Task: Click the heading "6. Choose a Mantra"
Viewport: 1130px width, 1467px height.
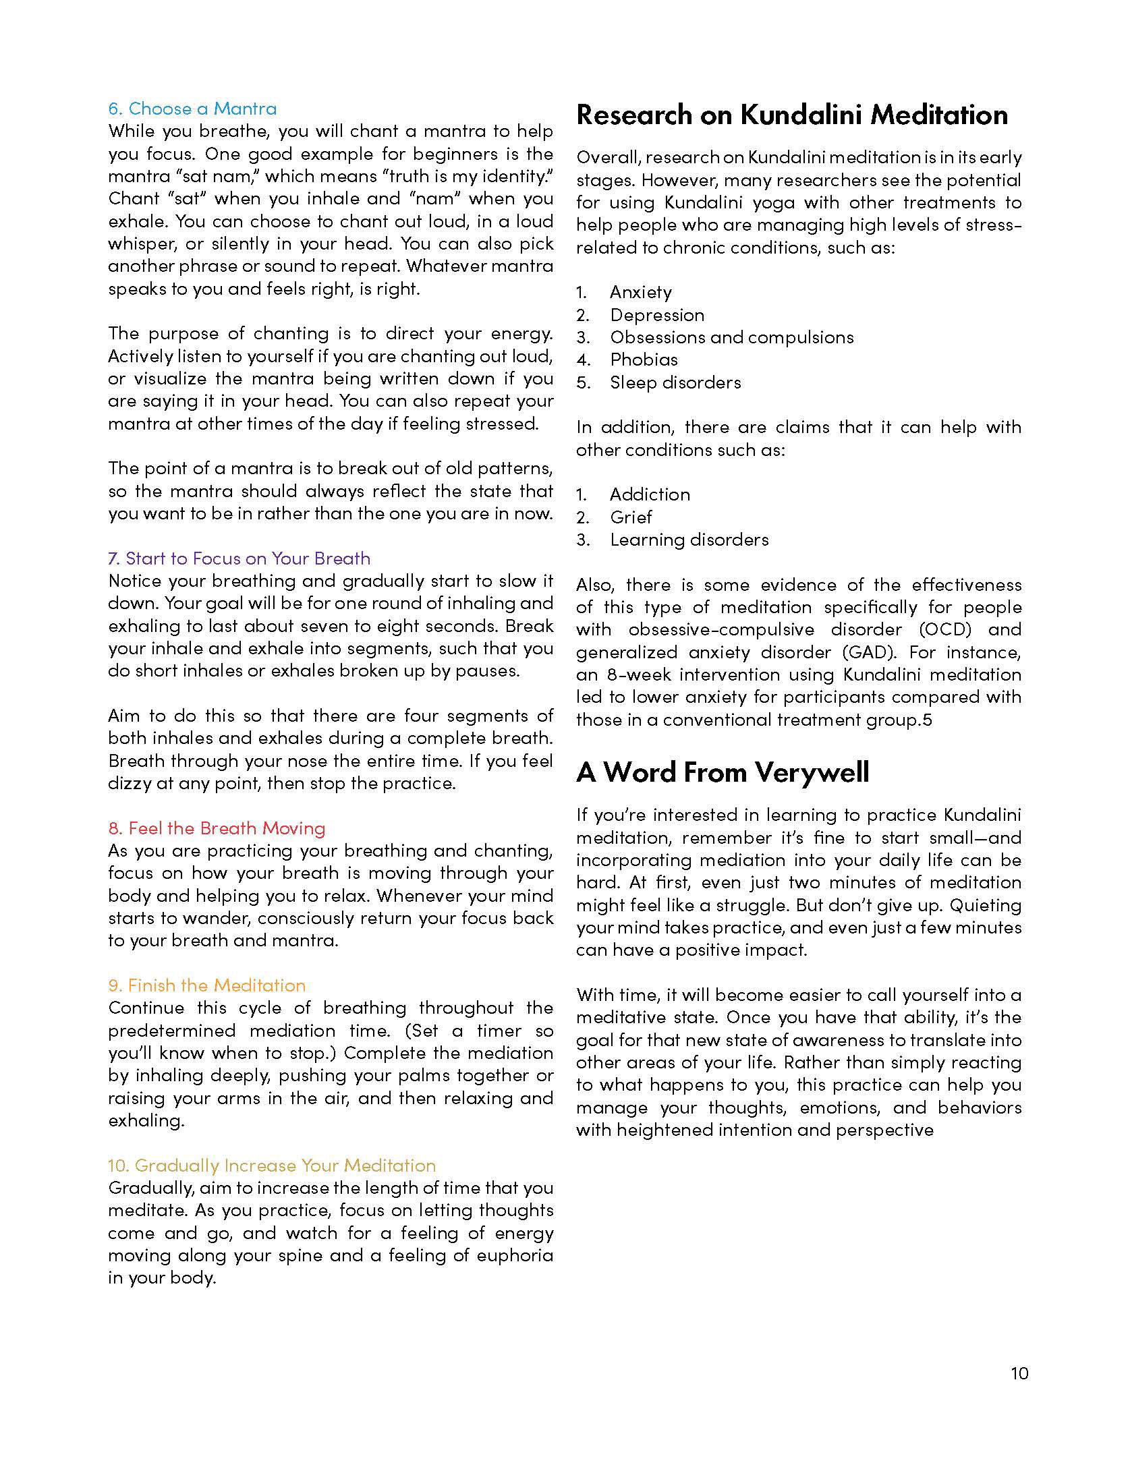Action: pos(192,109)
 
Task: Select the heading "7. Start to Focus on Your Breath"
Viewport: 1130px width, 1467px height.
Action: pos(239,558)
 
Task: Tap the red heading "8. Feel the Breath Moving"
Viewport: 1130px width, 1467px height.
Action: pos(217,828)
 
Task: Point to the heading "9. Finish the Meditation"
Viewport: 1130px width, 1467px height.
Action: pos(206,985)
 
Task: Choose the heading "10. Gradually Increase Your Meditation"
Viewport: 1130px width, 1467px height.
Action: pos(272,1166)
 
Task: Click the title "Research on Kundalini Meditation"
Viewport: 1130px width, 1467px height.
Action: pos(792,115)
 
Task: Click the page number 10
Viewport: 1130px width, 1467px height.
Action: pos(1019,1373)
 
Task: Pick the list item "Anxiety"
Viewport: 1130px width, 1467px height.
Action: pos(641,292)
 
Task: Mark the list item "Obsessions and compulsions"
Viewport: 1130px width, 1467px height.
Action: pos(732,337)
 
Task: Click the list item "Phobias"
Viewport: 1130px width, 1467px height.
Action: pos(644,359)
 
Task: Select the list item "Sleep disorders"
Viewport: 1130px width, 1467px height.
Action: pos(675,382)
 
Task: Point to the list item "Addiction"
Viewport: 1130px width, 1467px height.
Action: pos(650,494)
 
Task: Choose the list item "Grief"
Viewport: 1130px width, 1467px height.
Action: pos(631,517)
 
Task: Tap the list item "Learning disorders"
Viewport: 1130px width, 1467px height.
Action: pos(689,540)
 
